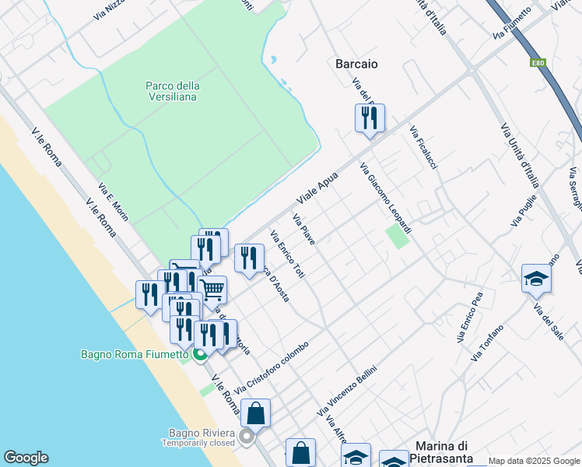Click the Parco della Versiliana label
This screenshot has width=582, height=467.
coord(172,91)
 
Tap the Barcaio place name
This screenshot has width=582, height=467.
coord(356,64)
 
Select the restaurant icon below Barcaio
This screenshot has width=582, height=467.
coord(369,118)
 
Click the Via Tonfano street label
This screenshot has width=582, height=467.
coord(488,342)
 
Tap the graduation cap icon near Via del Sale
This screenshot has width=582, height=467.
coord(536,279)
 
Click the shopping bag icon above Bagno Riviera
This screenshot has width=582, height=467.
coord(255,413)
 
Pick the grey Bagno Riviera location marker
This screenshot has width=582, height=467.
coord(247,437)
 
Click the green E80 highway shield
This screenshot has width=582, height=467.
coord(538,62)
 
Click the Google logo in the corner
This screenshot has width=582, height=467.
coord(26,458)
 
